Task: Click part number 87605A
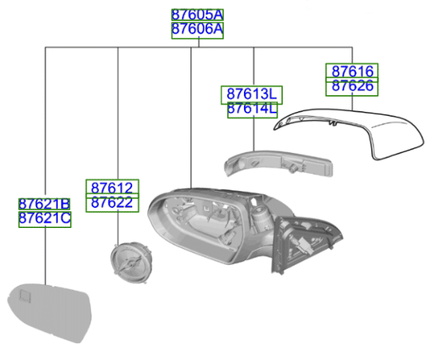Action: pos(197,15)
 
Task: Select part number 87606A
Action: pos(197,30)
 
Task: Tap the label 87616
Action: pos(353,71)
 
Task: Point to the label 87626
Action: pos(353,87)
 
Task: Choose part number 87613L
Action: pos(251,95)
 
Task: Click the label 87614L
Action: pos(251,110)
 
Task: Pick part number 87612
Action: pos(112,188)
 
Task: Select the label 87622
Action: pos(112,203)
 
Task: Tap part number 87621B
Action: pos(44,204)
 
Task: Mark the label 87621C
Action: pos(44,219)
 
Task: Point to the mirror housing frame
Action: pos(209,224)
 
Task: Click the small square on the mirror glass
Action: pos(23,294)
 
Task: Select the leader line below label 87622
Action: pos(118,227)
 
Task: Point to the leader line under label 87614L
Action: pos(253,133)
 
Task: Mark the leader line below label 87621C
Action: pos(45,253)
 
